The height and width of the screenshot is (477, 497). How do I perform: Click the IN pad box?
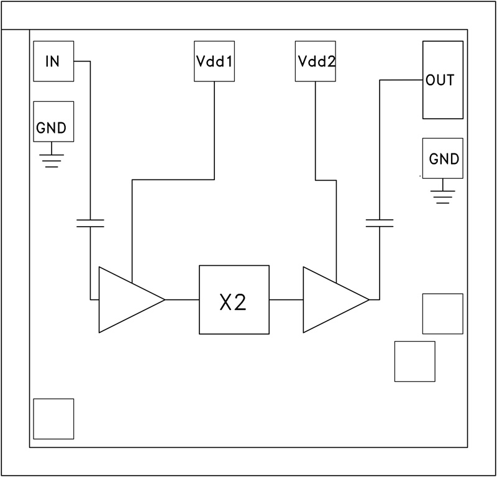point(53,61)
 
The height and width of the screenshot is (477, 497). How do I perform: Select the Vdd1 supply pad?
point(214,61)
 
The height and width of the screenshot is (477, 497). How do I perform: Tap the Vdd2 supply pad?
point(315,61)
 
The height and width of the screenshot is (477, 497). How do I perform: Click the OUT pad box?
point(442,79)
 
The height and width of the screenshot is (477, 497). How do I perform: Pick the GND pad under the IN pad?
point(53,121)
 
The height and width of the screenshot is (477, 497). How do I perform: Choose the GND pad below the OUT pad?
point(442,158)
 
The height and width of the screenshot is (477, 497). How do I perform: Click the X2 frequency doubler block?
point(234,299)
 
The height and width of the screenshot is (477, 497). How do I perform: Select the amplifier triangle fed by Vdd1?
point(124,299)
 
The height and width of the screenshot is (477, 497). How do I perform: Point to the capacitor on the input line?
point(90,223)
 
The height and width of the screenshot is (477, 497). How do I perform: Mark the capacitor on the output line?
point(380,223)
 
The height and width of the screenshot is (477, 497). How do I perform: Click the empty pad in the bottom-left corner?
point(53,419)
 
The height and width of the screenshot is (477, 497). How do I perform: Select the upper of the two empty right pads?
point(442,314)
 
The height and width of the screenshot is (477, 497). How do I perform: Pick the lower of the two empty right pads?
point(414,361)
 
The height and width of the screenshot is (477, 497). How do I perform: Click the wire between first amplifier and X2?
point(181,299)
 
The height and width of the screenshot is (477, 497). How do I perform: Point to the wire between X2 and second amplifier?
point(286,299)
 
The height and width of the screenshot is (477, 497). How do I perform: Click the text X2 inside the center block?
point(234,301)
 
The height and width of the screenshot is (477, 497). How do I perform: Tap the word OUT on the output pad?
point(440,80)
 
